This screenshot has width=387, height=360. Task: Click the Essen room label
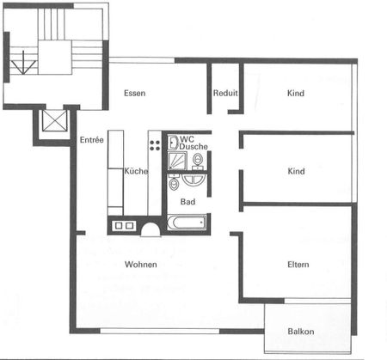click(x=133, y=93)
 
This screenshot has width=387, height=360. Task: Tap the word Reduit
click(x=225, y=93)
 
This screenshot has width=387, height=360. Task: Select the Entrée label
click(x=91, y=139)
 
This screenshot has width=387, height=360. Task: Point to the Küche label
click(x=136, y=171)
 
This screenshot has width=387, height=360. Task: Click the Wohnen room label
click(x=140, y=264)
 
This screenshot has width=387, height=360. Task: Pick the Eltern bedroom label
click(x=298, y=264)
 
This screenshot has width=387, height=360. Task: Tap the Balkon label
click(x=300, y=332)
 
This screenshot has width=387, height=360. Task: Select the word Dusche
click(x=193, y=147)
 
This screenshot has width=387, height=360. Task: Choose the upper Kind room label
click(x=296, y=93)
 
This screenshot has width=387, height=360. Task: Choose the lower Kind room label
click(x=296, y=171)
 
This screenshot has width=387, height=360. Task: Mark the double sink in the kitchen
click(x=123, y=226)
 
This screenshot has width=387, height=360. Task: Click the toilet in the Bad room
click(x=174, y=183)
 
